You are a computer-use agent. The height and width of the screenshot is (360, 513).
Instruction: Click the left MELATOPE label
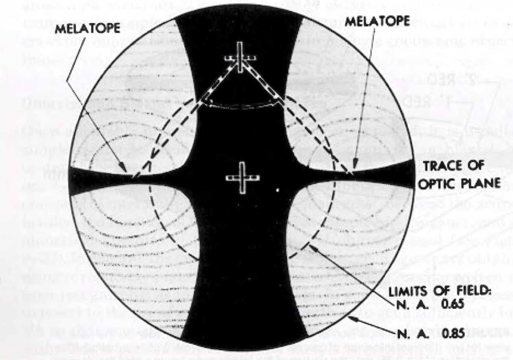tap(87, 29)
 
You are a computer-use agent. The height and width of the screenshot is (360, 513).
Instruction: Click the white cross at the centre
tap(242, 178)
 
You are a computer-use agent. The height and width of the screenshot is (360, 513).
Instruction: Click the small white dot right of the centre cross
tap(278, 190)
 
